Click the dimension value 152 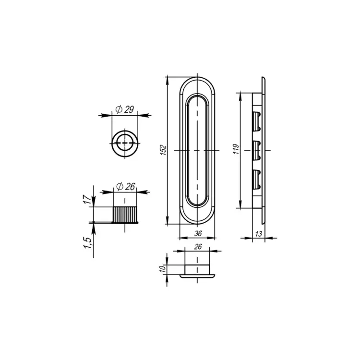(163, 150)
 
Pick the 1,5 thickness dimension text (87, 245)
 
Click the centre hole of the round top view (125, 143)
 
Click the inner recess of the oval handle (197, 150)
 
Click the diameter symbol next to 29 (118, 110)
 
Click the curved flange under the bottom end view (197, 276)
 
